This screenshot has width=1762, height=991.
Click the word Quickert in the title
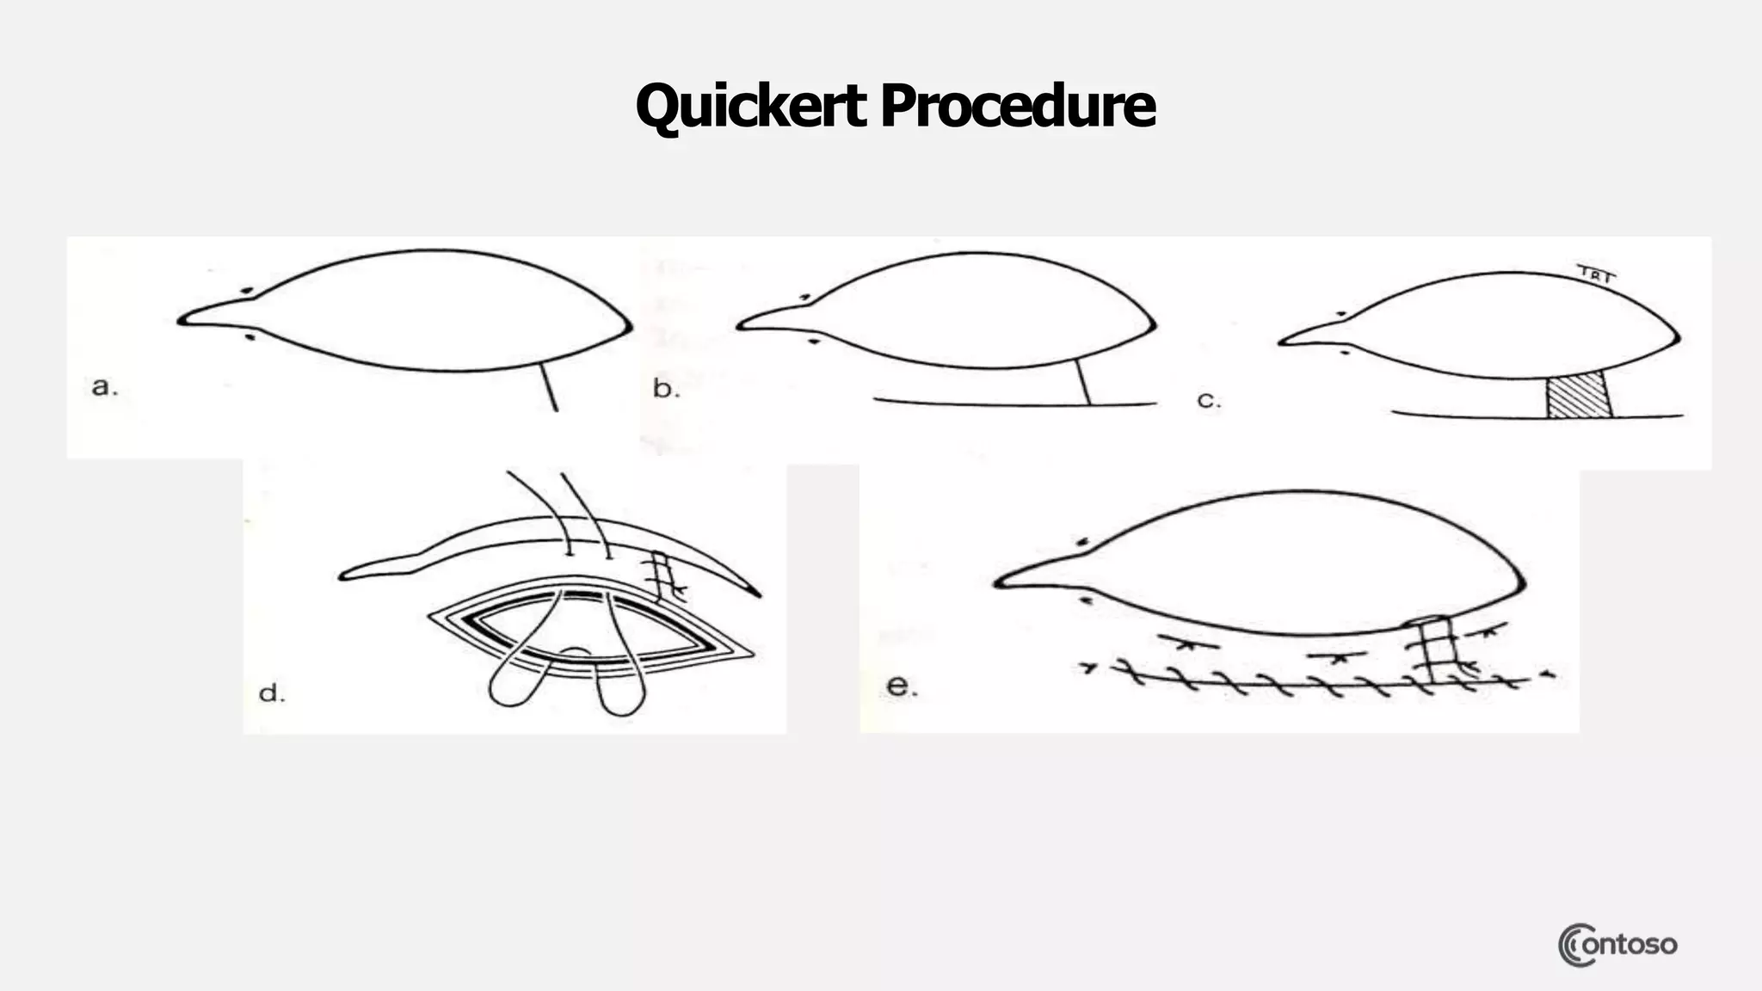[750, 107]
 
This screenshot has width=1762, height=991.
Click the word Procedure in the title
[1017, 107]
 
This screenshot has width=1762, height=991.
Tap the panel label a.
[104, 387]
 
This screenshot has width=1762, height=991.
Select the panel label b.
[665, 389]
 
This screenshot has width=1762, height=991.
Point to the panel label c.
[1208, 401]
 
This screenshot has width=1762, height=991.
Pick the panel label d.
[272, 693]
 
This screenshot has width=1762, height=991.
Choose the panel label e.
[902, 686]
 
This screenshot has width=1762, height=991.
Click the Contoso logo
[1617, 945]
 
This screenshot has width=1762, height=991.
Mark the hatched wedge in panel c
[1579, 397]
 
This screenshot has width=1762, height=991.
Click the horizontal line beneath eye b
[1015, 403]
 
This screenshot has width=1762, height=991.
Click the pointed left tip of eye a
[182, 321]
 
